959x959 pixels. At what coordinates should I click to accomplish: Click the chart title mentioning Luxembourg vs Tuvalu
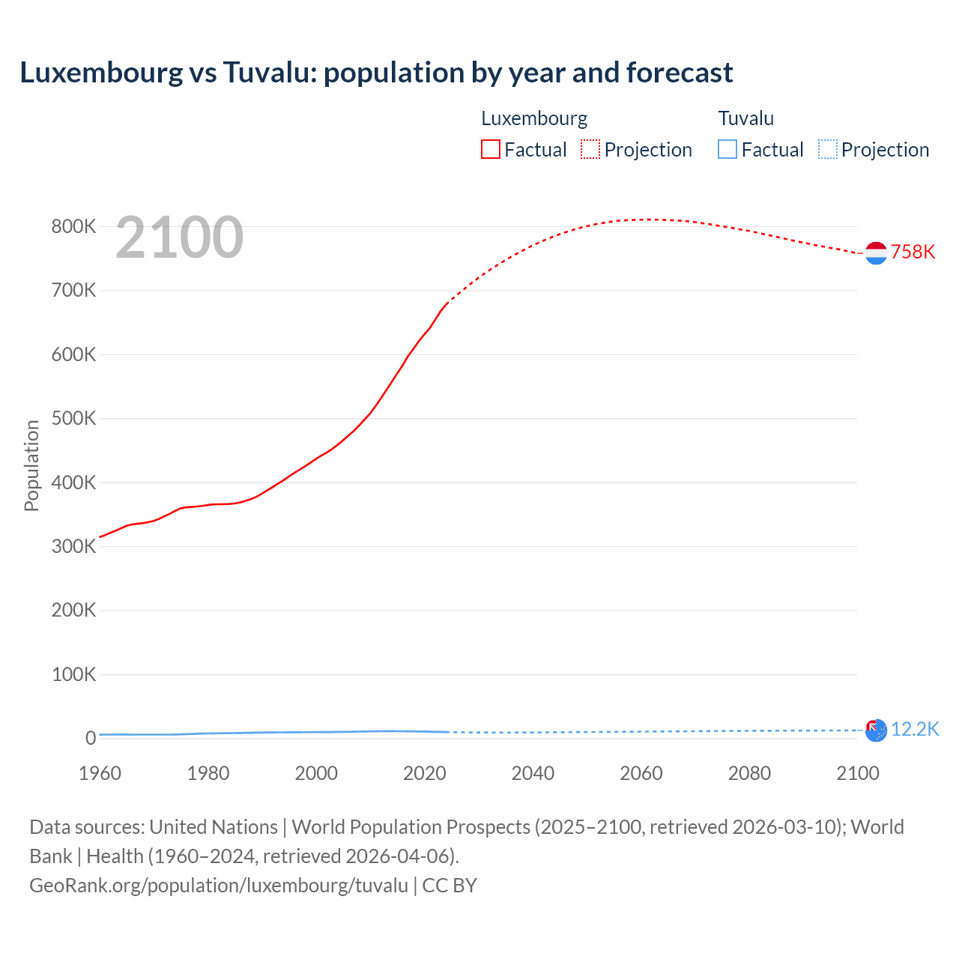pos(376,73)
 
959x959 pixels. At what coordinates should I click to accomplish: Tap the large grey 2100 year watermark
pos(179,238)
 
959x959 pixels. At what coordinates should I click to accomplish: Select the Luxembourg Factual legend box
pos(490,149)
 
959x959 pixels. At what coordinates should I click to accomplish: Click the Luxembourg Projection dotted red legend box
pos(590,149)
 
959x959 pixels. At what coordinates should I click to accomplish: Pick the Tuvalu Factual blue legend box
pos(727,149)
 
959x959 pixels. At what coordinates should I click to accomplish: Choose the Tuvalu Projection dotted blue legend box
pos(827,149)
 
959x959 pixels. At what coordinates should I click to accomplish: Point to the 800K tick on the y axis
pos(73,226)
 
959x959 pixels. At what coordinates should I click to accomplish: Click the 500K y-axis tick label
pos(73,418)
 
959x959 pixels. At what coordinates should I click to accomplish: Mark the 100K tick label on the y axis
pos(73,674)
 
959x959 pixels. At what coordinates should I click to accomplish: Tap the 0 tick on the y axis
pos(91,738)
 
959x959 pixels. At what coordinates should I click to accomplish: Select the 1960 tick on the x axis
pos(100,773)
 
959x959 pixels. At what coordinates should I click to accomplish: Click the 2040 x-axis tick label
pos(533,773)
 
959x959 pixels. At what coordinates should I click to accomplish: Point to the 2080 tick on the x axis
pos(749,773)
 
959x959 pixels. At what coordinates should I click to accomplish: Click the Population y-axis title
pos(31,465)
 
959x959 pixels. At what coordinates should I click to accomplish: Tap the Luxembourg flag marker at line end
pos(876,253)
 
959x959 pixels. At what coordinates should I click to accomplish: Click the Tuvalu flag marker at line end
pos(876,730)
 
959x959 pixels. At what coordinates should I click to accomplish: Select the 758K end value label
pos(913,252)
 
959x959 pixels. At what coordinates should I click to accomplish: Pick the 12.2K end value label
pos(915,729)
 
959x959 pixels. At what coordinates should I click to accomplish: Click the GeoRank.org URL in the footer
pos(219,885)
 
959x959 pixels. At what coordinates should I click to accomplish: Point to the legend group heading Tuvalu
pos(745,118)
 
